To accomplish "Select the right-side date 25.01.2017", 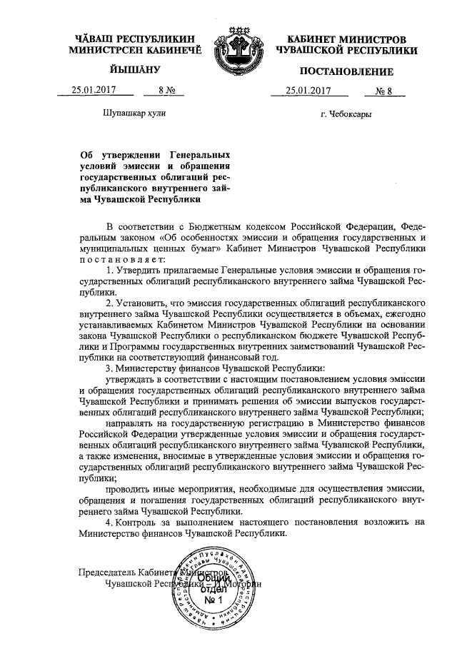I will (308, 90).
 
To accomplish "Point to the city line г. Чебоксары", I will (346, 113).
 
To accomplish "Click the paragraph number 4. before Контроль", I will (109, 523).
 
